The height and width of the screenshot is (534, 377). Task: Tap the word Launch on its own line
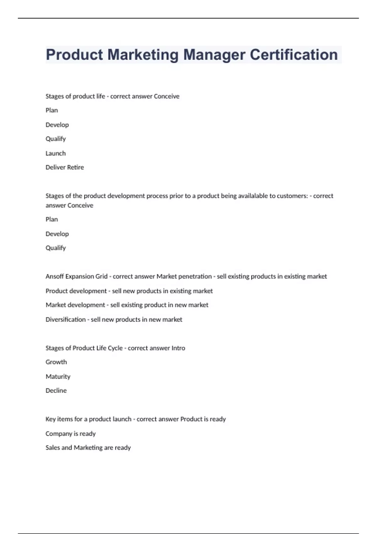(x=56, y=153)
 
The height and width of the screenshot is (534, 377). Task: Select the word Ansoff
(x=54, y=276)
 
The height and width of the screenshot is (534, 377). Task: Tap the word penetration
(x=195, y=276)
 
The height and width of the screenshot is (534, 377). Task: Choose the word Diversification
(x=65, y=319)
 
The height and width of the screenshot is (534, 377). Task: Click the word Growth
(x=56, y=362)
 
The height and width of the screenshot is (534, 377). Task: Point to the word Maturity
(x=58, y=377)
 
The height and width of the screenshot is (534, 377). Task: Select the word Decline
(x=56, y=391)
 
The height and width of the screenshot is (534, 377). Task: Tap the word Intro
(x=178, y=348)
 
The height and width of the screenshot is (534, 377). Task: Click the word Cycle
(x=115, y=348)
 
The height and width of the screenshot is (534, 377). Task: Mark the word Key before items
(x=50, y=419)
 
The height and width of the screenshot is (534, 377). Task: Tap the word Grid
(x=101, y=276)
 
